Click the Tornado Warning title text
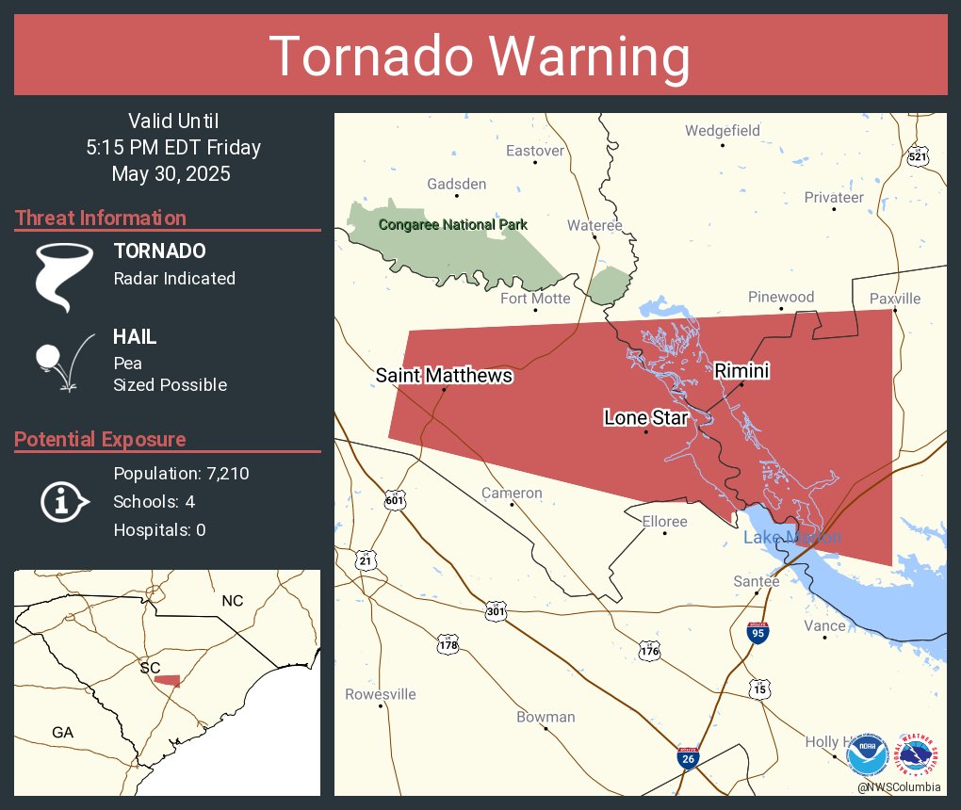[480, 57]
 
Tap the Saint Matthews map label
[444, 375]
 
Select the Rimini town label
[741, 371]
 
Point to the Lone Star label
[646, 416]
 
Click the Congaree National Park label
[452, 225]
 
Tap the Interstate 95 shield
[757, 632]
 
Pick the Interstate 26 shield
[689, 758]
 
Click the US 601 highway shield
[395, 501]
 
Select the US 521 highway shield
[918, 156]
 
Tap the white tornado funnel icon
[63, 275]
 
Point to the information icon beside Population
[63, 501]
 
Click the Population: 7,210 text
[181, 474]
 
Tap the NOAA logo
[867, 755]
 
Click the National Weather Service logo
[920, 755]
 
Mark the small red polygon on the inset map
[167, 680]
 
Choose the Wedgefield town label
[722, 131]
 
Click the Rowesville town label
[380, 694]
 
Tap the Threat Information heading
[101, 218]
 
